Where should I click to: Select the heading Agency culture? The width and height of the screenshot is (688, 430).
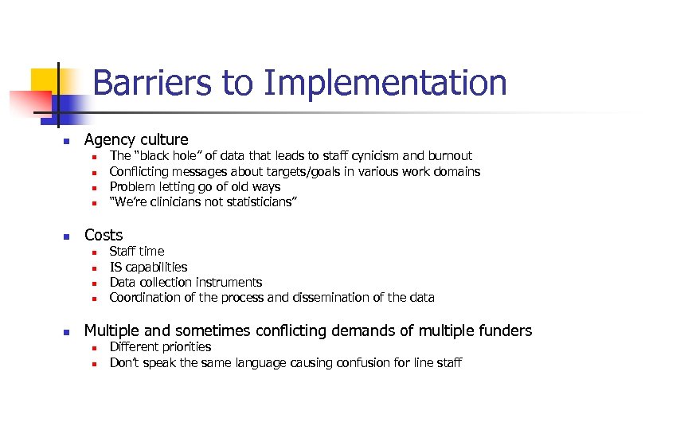click(136, 140)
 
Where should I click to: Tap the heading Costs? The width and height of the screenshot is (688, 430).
click(104, 235)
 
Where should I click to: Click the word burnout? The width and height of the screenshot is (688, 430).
click(450, 156)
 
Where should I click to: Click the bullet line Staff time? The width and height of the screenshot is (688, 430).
click(137, 252)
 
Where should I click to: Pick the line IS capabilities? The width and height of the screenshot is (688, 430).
click(148, 267)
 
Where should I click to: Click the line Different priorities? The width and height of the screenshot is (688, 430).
click(160, 347)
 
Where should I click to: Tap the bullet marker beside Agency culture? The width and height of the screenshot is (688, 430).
click(68, 142)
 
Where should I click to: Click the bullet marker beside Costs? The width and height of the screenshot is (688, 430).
click(68, 236)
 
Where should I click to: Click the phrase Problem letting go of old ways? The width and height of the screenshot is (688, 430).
click(194, 187)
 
